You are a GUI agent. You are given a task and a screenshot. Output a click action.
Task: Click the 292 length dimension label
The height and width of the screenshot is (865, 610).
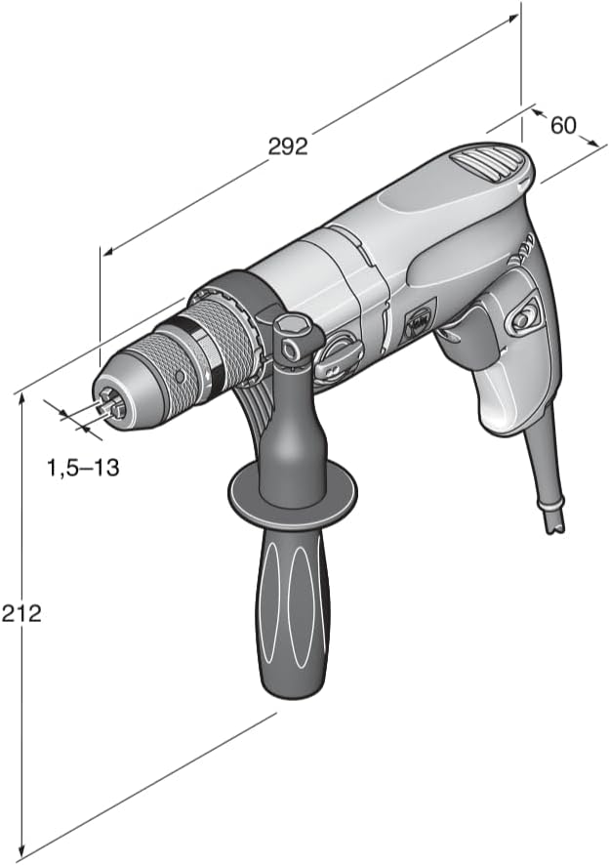pyautogui.click(x=288, y=146)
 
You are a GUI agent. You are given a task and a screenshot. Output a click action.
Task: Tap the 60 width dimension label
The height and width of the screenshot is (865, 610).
pyautogui.click(x=563, y=125)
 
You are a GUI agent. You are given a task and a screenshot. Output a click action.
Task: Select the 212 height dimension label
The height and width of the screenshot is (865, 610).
pyautogui.click(x=20, y=613)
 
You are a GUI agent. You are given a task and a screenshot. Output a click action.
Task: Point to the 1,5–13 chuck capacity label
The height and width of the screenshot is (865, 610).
pyautogui.click(x=83, y=468)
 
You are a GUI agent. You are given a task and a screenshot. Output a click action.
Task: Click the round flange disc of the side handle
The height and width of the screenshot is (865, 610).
pyautogui.click(x=293, y=493)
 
